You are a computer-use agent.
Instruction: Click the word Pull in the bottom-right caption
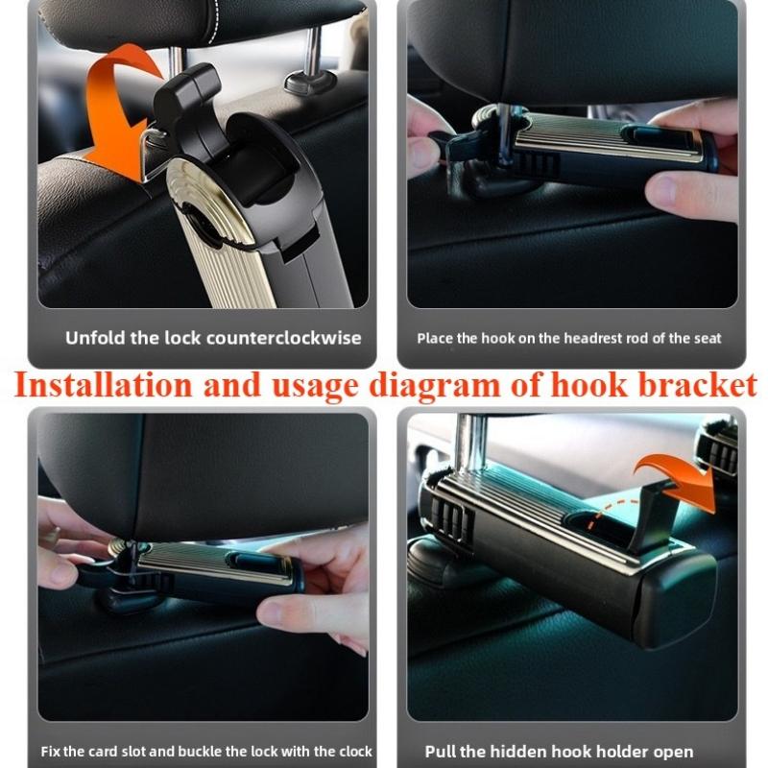(x=443, y=751)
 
